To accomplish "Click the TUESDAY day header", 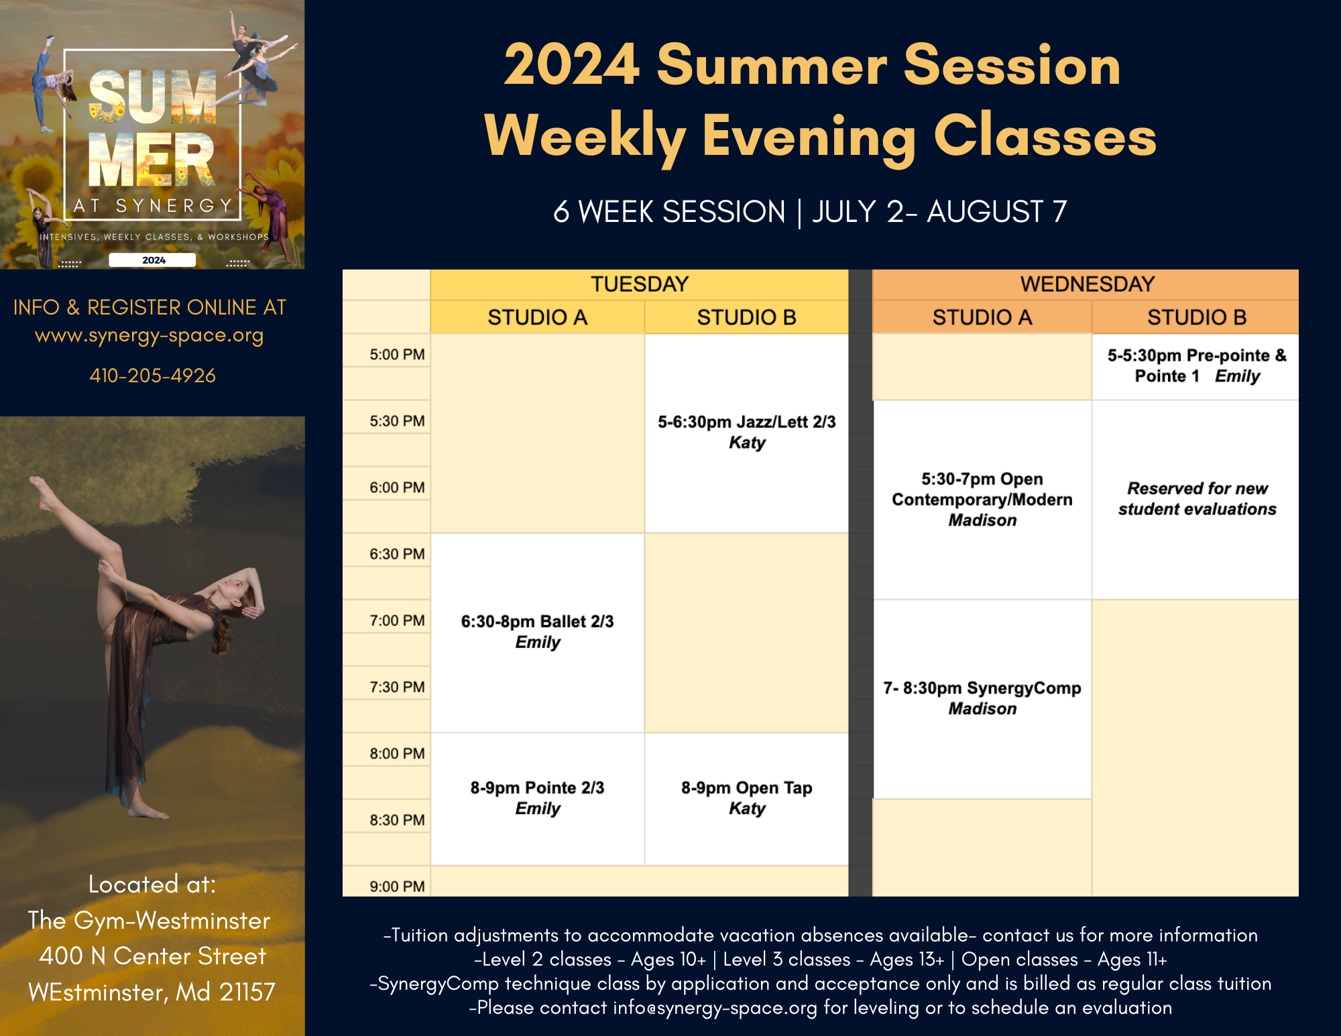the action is point(639,284).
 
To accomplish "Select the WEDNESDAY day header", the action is point(1086,284).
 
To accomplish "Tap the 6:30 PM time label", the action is point(397,554).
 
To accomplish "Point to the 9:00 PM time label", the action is point(397,886).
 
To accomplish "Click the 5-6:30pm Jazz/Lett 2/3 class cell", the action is point(746,433).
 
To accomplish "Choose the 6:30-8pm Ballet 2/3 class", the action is point(537,632).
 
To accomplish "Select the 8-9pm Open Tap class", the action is point(746,799).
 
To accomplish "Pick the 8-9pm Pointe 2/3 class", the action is point(537,799).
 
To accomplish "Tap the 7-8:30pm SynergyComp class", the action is point(982,699).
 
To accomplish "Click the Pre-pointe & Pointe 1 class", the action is point(1196,366).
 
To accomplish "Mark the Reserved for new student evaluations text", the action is point(1197,499).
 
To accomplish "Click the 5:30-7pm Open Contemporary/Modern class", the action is point(982,500).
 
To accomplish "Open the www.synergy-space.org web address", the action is point(149,335).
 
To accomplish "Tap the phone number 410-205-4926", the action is point(153,376).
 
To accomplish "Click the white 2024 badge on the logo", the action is point(153,260).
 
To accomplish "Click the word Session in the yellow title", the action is point(1012,65).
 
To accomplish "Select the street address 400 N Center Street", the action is point(152,956).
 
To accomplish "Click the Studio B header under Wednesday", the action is point(1196,317).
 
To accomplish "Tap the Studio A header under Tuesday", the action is point(537,317).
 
